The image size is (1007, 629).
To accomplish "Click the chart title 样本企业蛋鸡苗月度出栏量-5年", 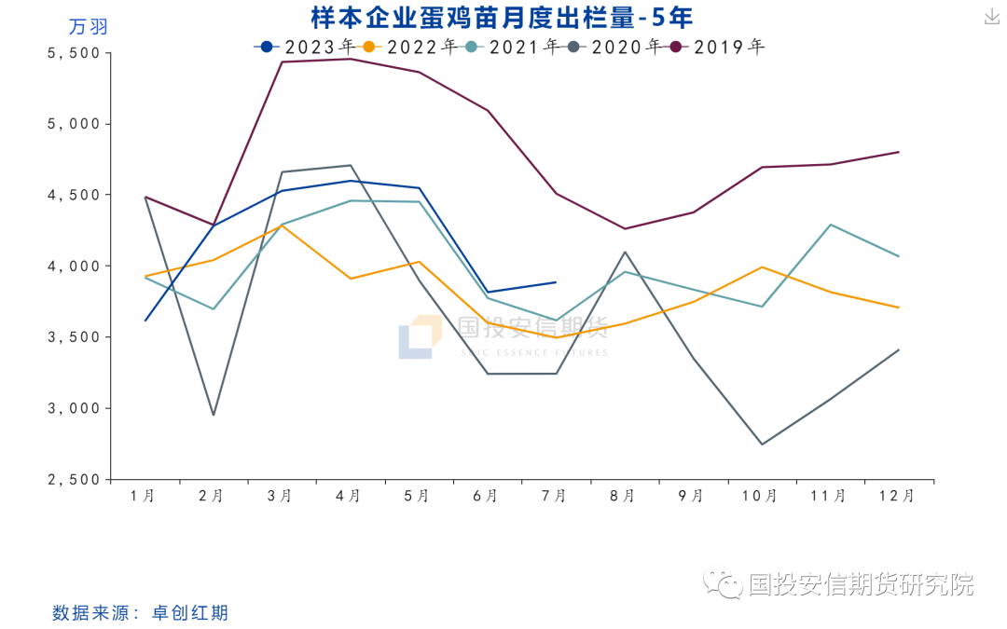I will point(502,18).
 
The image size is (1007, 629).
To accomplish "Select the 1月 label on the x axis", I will point(145,497).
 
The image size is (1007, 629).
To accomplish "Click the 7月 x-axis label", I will point(555,497).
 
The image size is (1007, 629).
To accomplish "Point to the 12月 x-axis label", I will point(897,497).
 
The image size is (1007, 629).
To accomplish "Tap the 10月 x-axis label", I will point(760,497).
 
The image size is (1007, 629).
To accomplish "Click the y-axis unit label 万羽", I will point(89,27).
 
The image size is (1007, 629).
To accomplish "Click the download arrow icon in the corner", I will point(991,17).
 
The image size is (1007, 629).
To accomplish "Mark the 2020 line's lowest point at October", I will point(762,444).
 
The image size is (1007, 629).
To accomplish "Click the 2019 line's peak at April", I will point(351,59).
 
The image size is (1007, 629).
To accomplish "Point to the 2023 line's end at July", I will point(556,281).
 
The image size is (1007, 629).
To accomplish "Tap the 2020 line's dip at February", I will point(214,415).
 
